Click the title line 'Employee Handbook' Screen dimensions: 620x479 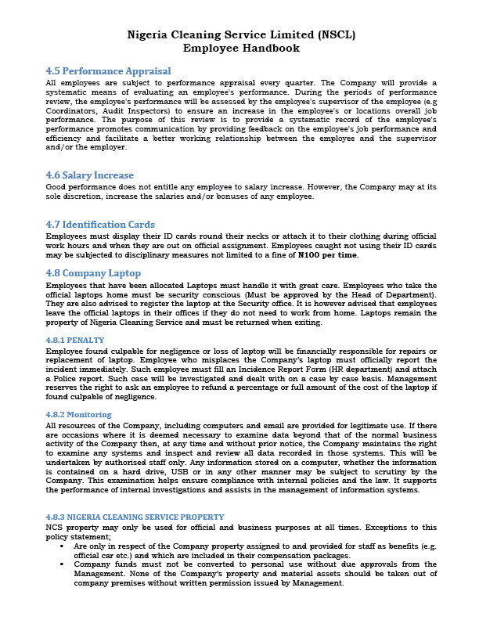click(x=240, y=48)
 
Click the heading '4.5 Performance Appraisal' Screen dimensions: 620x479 click(x=108, y=71)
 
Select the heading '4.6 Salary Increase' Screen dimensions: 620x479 click(x=89, y=175)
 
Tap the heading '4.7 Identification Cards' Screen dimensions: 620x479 click(x=100, y=225)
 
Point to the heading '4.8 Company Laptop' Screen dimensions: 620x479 click(x=93, y=273)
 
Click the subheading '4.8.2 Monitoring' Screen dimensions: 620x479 click(x=78, y=414)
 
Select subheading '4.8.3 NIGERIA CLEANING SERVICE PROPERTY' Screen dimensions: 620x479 click(x=135, y=517)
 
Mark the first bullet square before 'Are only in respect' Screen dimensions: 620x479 click(x=62, y=546)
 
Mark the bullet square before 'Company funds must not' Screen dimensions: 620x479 click(x=62, y=564)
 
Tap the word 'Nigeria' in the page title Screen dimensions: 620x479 click(x=152, y=34)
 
